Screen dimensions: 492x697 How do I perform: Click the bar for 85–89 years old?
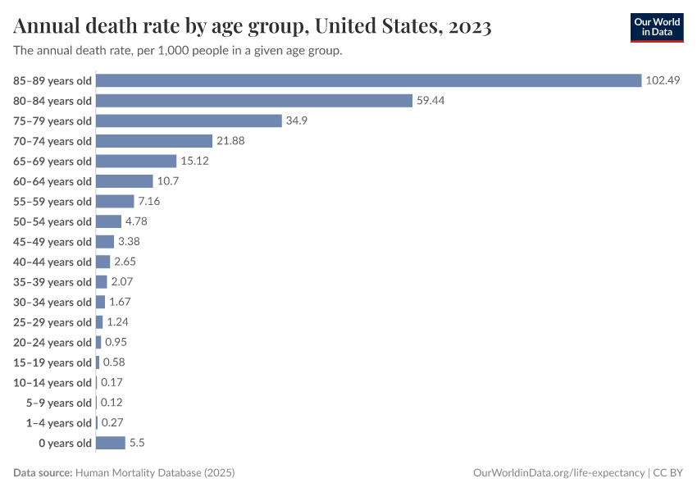[368, 80]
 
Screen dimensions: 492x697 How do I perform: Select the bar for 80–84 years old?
[253, 101]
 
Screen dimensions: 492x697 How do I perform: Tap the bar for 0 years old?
[111, 443]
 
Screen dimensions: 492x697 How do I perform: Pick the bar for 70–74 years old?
[154, 141]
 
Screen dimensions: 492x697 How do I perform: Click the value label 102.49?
[663, 80]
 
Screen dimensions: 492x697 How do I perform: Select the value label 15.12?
[194, 161]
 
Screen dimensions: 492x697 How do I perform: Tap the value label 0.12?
[112, 403]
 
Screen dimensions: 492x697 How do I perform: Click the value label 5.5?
[137, 443]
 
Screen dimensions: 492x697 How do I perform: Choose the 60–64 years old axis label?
[52, 181]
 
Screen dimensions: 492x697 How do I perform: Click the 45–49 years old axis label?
[52, 242]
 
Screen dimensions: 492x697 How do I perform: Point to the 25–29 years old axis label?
[52, 322]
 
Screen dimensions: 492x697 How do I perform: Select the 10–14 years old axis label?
[52, 383]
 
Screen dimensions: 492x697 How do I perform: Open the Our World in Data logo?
[656, 27]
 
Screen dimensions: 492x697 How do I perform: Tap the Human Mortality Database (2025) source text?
[155, 473]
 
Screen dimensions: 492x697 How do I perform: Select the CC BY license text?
[668, 473]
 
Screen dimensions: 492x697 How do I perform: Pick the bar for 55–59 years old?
[115, 201]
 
